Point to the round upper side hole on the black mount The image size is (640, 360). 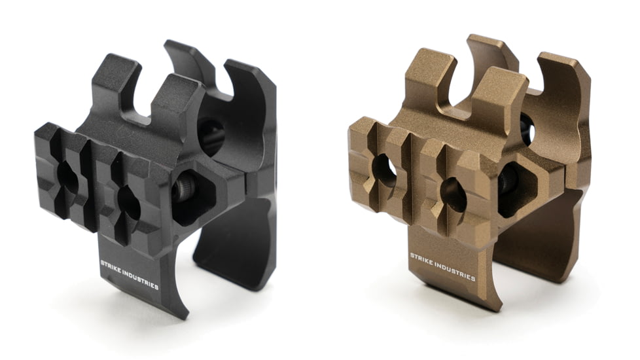(x=211, y=136)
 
